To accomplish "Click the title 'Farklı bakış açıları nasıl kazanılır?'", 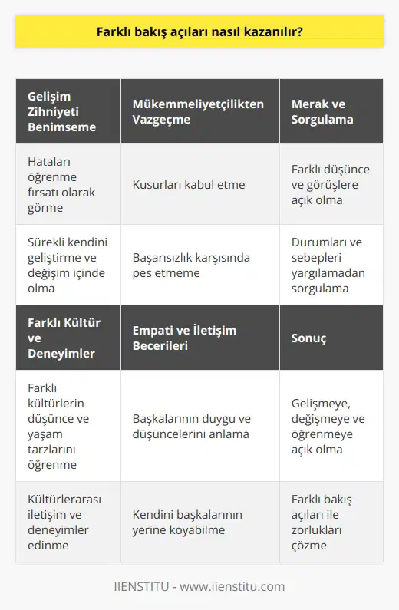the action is pyautogui.click(x=199, y=33).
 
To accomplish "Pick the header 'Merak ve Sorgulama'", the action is pyautogui.click(x=322, y=111).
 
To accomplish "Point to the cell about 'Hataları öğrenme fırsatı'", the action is pyautogui.click(x=58, y=184).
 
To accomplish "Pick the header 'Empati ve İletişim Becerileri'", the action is pyautogui.click(x=184, y=338).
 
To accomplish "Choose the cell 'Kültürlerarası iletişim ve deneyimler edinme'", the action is pyautogui.click(x=61, y=522).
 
